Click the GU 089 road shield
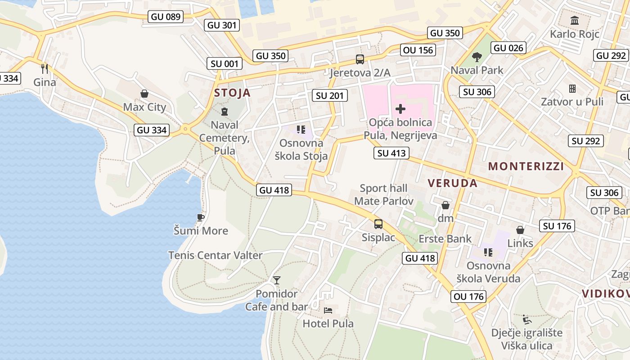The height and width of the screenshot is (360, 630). [166, 17]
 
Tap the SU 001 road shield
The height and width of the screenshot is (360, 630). [225, 64]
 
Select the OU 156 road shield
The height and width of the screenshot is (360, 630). [418, 50]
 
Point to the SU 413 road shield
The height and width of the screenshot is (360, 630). [391, 153]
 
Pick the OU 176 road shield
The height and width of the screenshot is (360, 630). [469, 297]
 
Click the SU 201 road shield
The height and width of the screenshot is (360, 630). [329, 95]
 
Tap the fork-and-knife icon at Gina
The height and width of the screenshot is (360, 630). [45, 68]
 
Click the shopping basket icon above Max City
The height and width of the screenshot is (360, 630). [144, 94]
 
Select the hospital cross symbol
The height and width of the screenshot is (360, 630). [400, 108]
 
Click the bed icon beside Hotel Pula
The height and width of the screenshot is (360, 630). [328, 310]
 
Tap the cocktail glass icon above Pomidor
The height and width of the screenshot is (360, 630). [277, 280]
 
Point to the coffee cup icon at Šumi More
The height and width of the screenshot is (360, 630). [201, 218]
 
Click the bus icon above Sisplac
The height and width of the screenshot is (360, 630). [378, 224]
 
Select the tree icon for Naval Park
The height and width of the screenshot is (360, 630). [477, 57]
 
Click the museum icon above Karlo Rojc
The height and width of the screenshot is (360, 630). [574, 21]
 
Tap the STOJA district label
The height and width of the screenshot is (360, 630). [232, 93]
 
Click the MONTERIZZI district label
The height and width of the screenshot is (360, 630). [526, 166]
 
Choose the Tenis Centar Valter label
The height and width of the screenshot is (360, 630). [215, 255]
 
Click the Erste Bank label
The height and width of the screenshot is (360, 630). [445, 238]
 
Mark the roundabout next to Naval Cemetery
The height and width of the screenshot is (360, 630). [185, 129]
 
